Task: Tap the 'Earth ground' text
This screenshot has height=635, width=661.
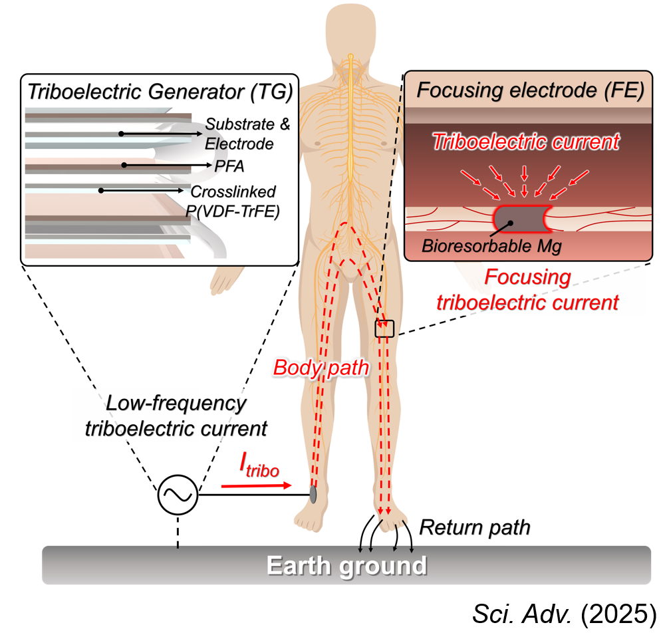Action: point(346,566)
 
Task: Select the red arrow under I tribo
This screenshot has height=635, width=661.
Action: point(255,486)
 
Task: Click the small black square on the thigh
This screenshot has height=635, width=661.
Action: point(384,328)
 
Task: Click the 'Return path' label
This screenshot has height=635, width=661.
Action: point(474,527)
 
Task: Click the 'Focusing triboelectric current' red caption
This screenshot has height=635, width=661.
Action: point(527,290)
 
